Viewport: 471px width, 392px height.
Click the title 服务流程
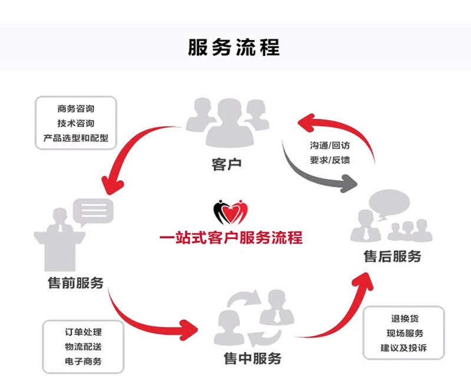tap(234, 47)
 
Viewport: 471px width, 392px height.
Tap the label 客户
tap(227, 164)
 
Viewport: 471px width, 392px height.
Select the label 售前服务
tap(75, 283)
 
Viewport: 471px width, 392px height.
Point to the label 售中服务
tap(253, 358)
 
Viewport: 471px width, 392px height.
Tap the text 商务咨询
tap(76, 109)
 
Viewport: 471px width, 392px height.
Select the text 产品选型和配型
tap(76, 138)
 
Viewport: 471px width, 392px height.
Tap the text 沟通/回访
tap(330, 145)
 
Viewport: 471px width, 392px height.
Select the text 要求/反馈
tap(330, 160)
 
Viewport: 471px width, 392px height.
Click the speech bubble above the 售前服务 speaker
tap(93, 210)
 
